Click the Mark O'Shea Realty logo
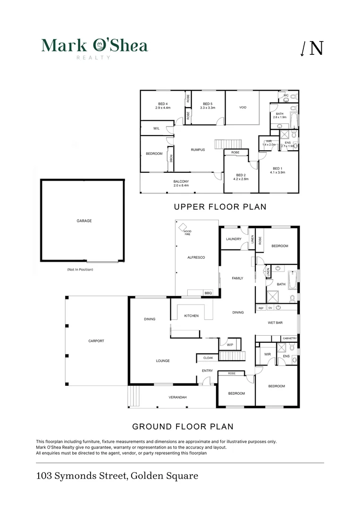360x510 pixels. tap(94, 47)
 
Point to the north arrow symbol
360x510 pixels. tap(312, 48)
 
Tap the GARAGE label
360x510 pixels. tap(84, 221)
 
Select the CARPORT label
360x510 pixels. tap(96, 341)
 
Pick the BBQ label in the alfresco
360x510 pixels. tap(208, 293)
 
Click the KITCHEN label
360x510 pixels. tap(191, 316)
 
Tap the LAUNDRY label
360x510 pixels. tap(234, 239)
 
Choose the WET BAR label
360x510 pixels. tap(275, 323)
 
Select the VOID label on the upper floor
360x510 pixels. tap(243, 107)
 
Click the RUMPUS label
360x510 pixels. tap(198, 150)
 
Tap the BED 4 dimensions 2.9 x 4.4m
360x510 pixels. tap(162, 108)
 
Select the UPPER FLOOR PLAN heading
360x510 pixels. tap(220, 207)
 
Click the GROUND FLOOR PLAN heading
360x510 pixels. tap(183, 426)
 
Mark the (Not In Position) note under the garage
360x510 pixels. tap(80, 270)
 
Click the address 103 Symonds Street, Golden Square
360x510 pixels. tap(117, 476)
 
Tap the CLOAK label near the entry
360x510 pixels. tap(208, 358)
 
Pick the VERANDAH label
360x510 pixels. tap(178, 397)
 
